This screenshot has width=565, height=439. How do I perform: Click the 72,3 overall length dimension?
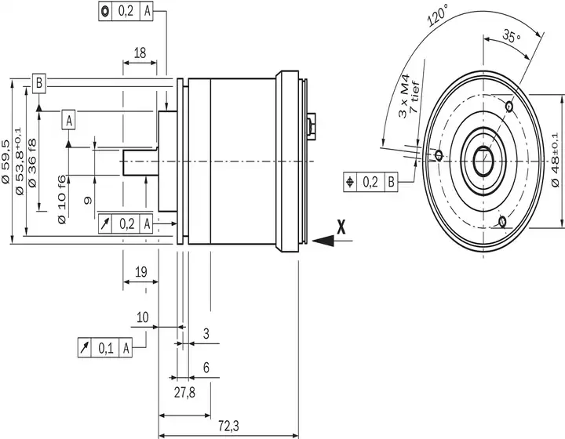[x=228, y=426]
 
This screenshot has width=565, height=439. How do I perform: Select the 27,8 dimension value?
[x=184, y=392]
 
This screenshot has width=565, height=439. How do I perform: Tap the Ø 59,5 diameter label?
[x=5, y=162]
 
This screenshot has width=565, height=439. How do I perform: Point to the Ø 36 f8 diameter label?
[x=32, y=163]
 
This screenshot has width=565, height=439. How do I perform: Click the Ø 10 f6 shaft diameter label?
[x=62, y=199]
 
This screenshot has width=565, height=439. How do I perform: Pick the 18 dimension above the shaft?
[x=140, y=53]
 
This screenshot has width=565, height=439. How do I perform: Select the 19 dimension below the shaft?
[x=141, y=272]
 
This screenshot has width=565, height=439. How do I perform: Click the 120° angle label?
[x=438, y=16]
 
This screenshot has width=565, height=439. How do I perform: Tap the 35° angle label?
[x=512, y=36]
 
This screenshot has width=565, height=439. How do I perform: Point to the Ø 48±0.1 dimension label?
[x=556, y=159]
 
